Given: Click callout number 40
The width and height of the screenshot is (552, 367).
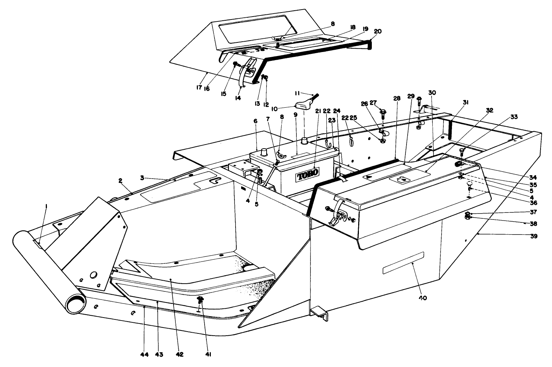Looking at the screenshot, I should (422, 298).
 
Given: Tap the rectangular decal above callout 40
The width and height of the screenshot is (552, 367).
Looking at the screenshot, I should (403, 263).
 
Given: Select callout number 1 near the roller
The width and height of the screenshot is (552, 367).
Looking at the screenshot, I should (46, 207).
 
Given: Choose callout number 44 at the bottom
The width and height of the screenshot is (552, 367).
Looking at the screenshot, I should (144, 354).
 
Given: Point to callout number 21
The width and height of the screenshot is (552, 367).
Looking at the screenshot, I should (317, 111).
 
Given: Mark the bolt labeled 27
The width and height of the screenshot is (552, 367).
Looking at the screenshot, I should (383, 111).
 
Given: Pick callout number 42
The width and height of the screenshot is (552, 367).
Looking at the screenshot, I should (179, 354).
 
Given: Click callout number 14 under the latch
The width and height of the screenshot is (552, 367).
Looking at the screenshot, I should (237, 98).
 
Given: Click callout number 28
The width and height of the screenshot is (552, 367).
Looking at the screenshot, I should (397, 99).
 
